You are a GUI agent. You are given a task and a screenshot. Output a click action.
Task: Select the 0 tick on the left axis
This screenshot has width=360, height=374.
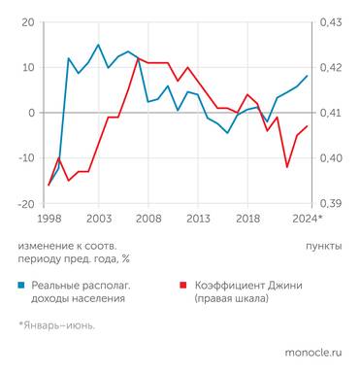click(31, 113)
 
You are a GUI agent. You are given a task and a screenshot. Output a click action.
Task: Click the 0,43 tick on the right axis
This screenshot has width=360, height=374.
click(331, 21)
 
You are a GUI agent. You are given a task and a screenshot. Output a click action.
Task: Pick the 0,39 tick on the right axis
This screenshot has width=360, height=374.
click(331, 204)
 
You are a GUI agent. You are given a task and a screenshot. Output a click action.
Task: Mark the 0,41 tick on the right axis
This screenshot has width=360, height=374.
click(331, 113)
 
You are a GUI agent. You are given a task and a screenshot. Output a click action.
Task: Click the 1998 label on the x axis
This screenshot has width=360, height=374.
click(49, 220)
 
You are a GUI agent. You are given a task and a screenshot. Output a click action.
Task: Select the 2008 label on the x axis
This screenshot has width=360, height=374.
click(148, 220)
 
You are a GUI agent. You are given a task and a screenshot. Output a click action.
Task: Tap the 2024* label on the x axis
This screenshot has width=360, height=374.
click(309, 220)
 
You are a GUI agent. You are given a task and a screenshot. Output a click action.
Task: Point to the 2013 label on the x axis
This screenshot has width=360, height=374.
click(198, 220)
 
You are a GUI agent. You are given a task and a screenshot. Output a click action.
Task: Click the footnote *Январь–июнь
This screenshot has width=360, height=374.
click(56, 325)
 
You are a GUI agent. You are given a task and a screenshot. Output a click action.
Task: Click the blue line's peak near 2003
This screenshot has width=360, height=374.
click(98, 45)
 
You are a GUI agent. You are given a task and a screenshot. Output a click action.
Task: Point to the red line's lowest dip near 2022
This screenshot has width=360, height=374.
click(287, 167)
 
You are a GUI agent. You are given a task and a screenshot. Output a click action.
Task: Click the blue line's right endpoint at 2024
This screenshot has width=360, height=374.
click(308, 76)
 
